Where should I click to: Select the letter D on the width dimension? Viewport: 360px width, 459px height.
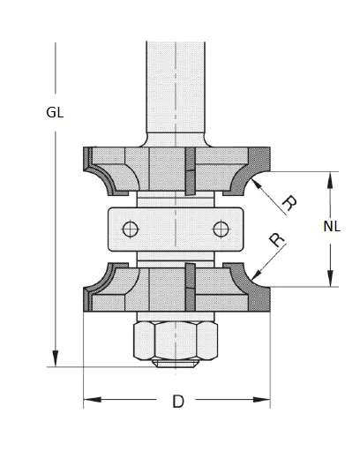pos(177,403)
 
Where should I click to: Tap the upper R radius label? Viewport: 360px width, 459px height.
pos(287,202)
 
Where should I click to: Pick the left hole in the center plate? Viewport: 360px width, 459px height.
pos(130,229)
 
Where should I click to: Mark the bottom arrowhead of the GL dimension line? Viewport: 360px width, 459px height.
pos(55,360)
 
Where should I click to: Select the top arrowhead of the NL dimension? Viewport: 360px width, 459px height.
pos(332,176)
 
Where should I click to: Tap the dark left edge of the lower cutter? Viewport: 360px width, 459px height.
pos(87,292)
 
